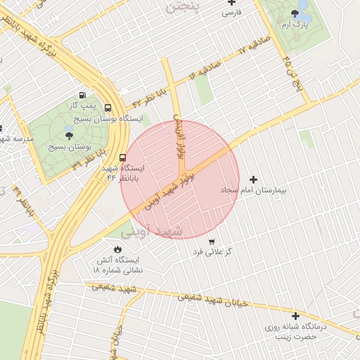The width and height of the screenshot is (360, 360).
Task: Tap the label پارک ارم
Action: point(297,25)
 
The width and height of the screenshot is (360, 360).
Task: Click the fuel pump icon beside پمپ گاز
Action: point(83,95)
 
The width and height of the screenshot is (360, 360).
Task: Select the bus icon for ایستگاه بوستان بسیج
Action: point(108,108)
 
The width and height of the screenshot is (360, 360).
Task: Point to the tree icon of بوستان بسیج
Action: point(69,135)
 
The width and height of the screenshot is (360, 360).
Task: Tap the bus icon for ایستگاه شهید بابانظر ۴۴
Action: point(123,157)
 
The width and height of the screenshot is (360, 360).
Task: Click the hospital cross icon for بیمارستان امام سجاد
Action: point(254,179)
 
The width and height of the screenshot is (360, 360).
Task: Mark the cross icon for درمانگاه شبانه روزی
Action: point(296,316)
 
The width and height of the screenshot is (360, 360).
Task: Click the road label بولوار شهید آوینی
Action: point(172,190)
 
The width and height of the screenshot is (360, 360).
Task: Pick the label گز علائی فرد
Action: point(214,251)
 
